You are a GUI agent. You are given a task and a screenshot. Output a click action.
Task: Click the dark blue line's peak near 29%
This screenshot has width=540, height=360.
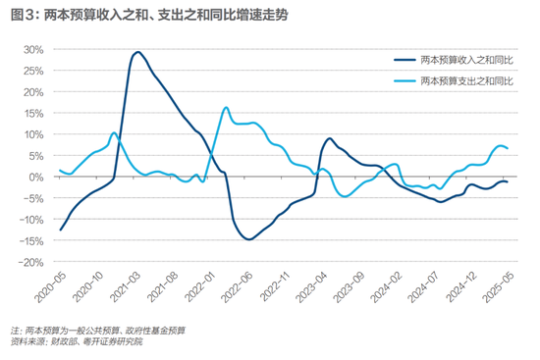[x=137, y=52]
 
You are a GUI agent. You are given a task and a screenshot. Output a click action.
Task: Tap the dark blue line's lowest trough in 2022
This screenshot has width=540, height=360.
[x=249, y=239]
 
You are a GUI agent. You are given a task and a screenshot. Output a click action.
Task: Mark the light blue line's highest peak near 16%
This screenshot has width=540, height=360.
[x=226, y=107]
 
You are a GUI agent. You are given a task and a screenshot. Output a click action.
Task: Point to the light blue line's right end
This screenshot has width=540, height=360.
[x=507, y=148]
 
